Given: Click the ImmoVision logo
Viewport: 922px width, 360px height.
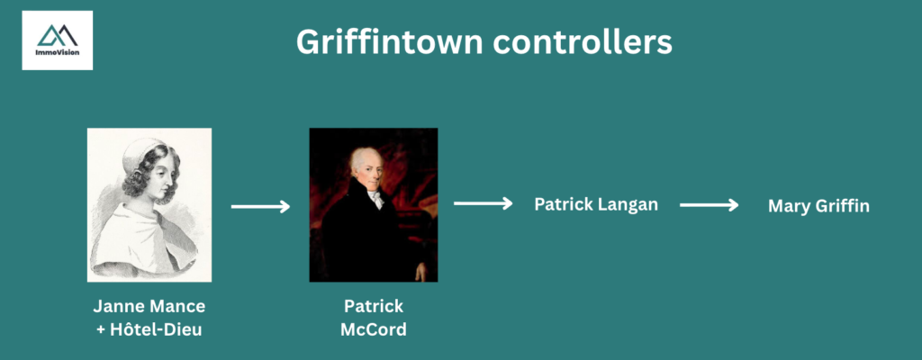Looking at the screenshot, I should pos(58,40).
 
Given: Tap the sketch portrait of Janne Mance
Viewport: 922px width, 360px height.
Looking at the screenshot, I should pos(149,203).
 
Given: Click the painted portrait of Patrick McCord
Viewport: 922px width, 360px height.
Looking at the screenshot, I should pos(373,204).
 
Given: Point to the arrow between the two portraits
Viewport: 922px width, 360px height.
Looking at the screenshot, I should pos(260,207).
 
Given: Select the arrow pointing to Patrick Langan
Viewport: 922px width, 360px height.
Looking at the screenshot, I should pos(484,204).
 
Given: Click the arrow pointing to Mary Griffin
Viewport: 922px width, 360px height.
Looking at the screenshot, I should pos(709,205).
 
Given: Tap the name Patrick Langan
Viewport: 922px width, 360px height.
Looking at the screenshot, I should pos(596,204).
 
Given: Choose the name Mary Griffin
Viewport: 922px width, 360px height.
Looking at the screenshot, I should pos(818,206).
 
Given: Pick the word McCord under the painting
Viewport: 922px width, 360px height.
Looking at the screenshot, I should pos(373,329).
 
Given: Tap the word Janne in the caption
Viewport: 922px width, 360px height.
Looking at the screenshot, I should pos(119,306).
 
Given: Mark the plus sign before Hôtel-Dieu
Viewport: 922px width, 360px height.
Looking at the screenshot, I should pos(101,329).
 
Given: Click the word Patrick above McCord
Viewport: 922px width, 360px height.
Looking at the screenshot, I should pos(373,306).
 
